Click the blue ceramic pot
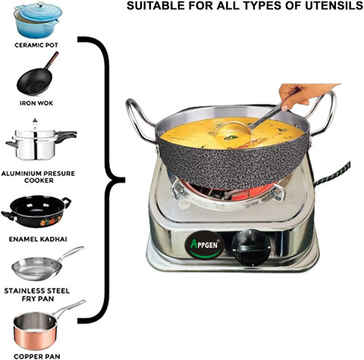coord(39,20)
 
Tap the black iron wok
coord(35,80)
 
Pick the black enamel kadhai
coord(36,211)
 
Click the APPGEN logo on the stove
coord(204,245)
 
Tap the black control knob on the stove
coord(251,247)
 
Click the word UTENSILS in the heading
coord(334,5)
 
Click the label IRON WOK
coord(36,103)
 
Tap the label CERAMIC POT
coord(36,45)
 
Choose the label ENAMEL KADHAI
coord(38,239)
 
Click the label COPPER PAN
coord(37,356)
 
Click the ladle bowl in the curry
coord(233,129)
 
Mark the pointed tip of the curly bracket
coord(124,180)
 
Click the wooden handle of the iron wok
coord(52,60)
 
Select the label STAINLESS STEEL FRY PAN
coord(37,295)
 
